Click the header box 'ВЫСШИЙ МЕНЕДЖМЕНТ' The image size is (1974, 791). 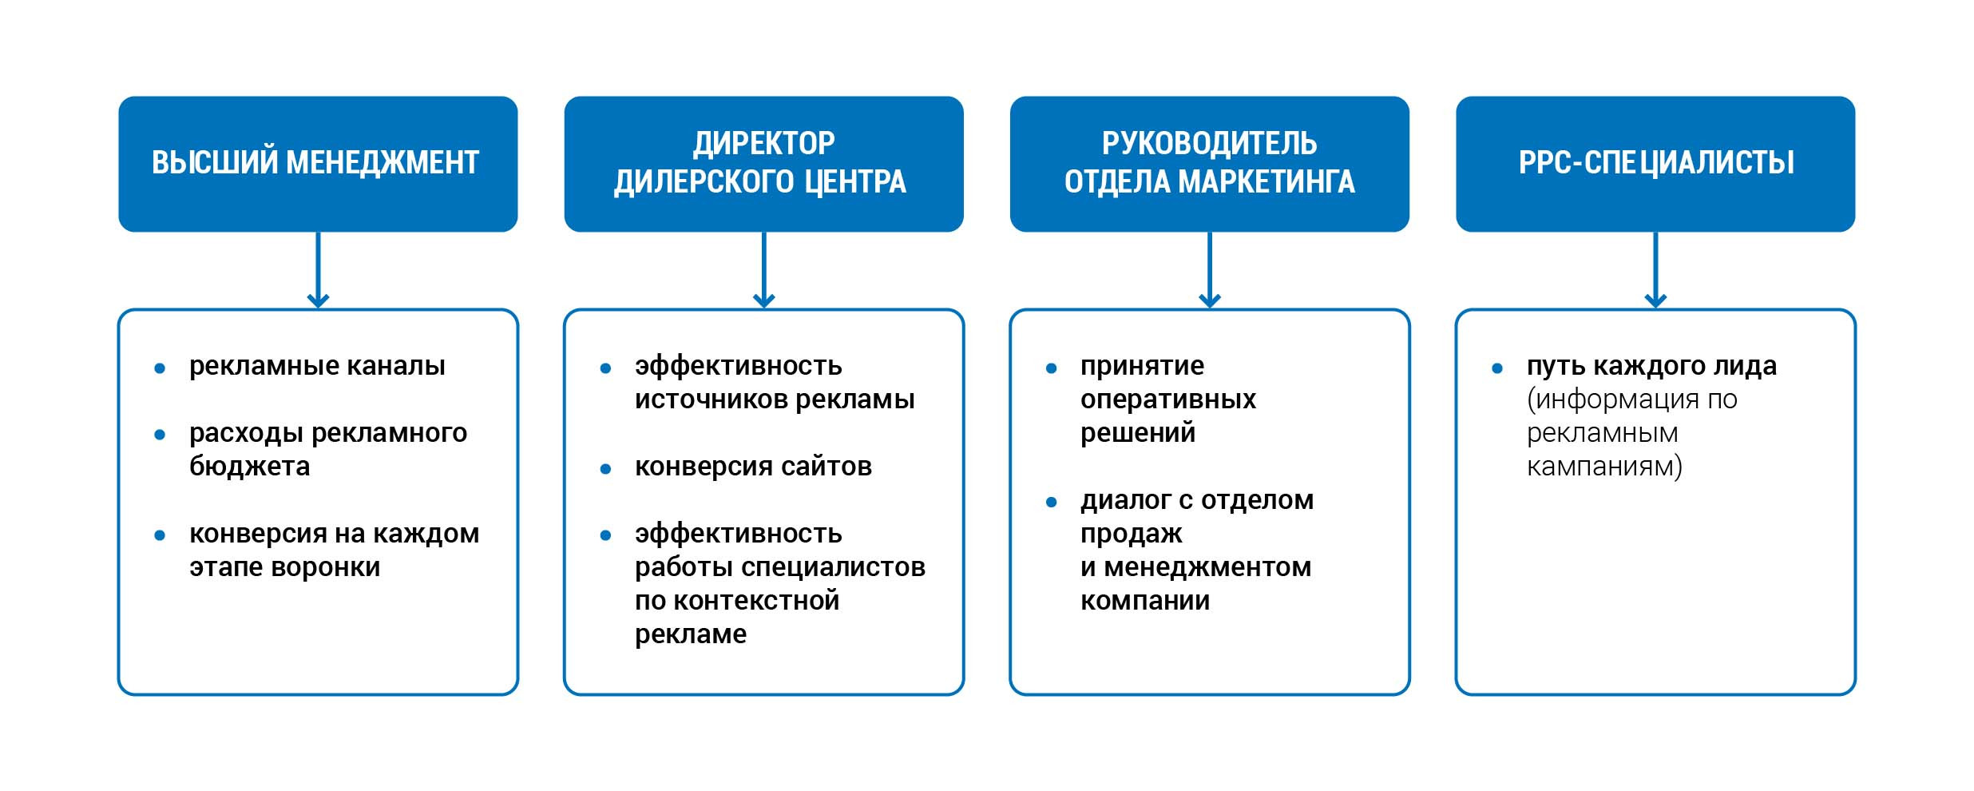click(318, 164)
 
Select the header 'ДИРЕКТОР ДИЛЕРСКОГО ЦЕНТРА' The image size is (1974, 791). click(763, 164)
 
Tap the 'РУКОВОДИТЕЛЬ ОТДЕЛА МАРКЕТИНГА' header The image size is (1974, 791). click(1209, 164)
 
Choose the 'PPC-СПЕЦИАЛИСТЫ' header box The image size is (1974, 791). click(1655, 164)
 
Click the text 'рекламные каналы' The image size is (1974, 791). click(317, 366)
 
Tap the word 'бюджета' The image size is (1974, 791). click(249, 466)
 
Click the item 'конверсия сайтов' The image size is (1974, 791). click(753, 467)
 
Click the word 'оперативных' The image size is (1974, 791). click(1167, 399)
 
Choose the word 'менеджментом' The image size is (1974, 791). click(1207, 567)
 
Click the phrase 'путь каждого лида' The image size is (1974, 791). click(1651, 366)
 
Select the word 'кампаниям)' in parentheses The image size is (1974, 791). click(1603, 467)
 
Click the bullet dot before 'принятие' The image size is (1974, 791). click(1051, 368)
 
